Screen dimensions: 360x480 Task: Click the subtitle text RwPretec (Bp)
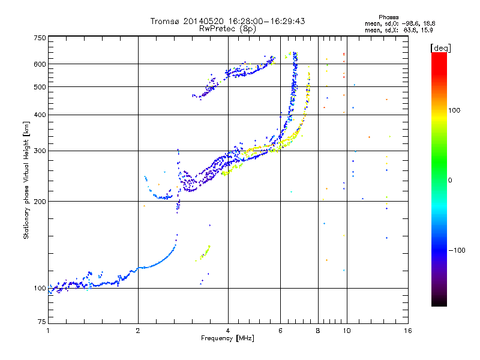227,28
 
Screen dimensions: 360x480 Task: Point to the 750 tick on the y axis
40,38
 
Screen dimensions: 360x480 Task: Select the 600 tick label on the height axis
40,64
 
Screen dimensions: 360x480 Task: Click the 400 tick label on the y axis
40,115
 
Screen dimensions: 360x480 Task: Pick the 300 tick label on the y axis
40,151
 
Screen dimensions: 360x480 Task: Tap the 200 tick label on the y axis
40,201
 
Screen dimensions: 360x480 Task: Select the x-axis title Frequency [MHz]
227,338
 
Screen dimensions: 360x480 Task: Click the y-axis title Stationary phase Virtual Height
26,180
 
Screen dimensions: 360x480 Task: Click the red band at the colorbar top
439,57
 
